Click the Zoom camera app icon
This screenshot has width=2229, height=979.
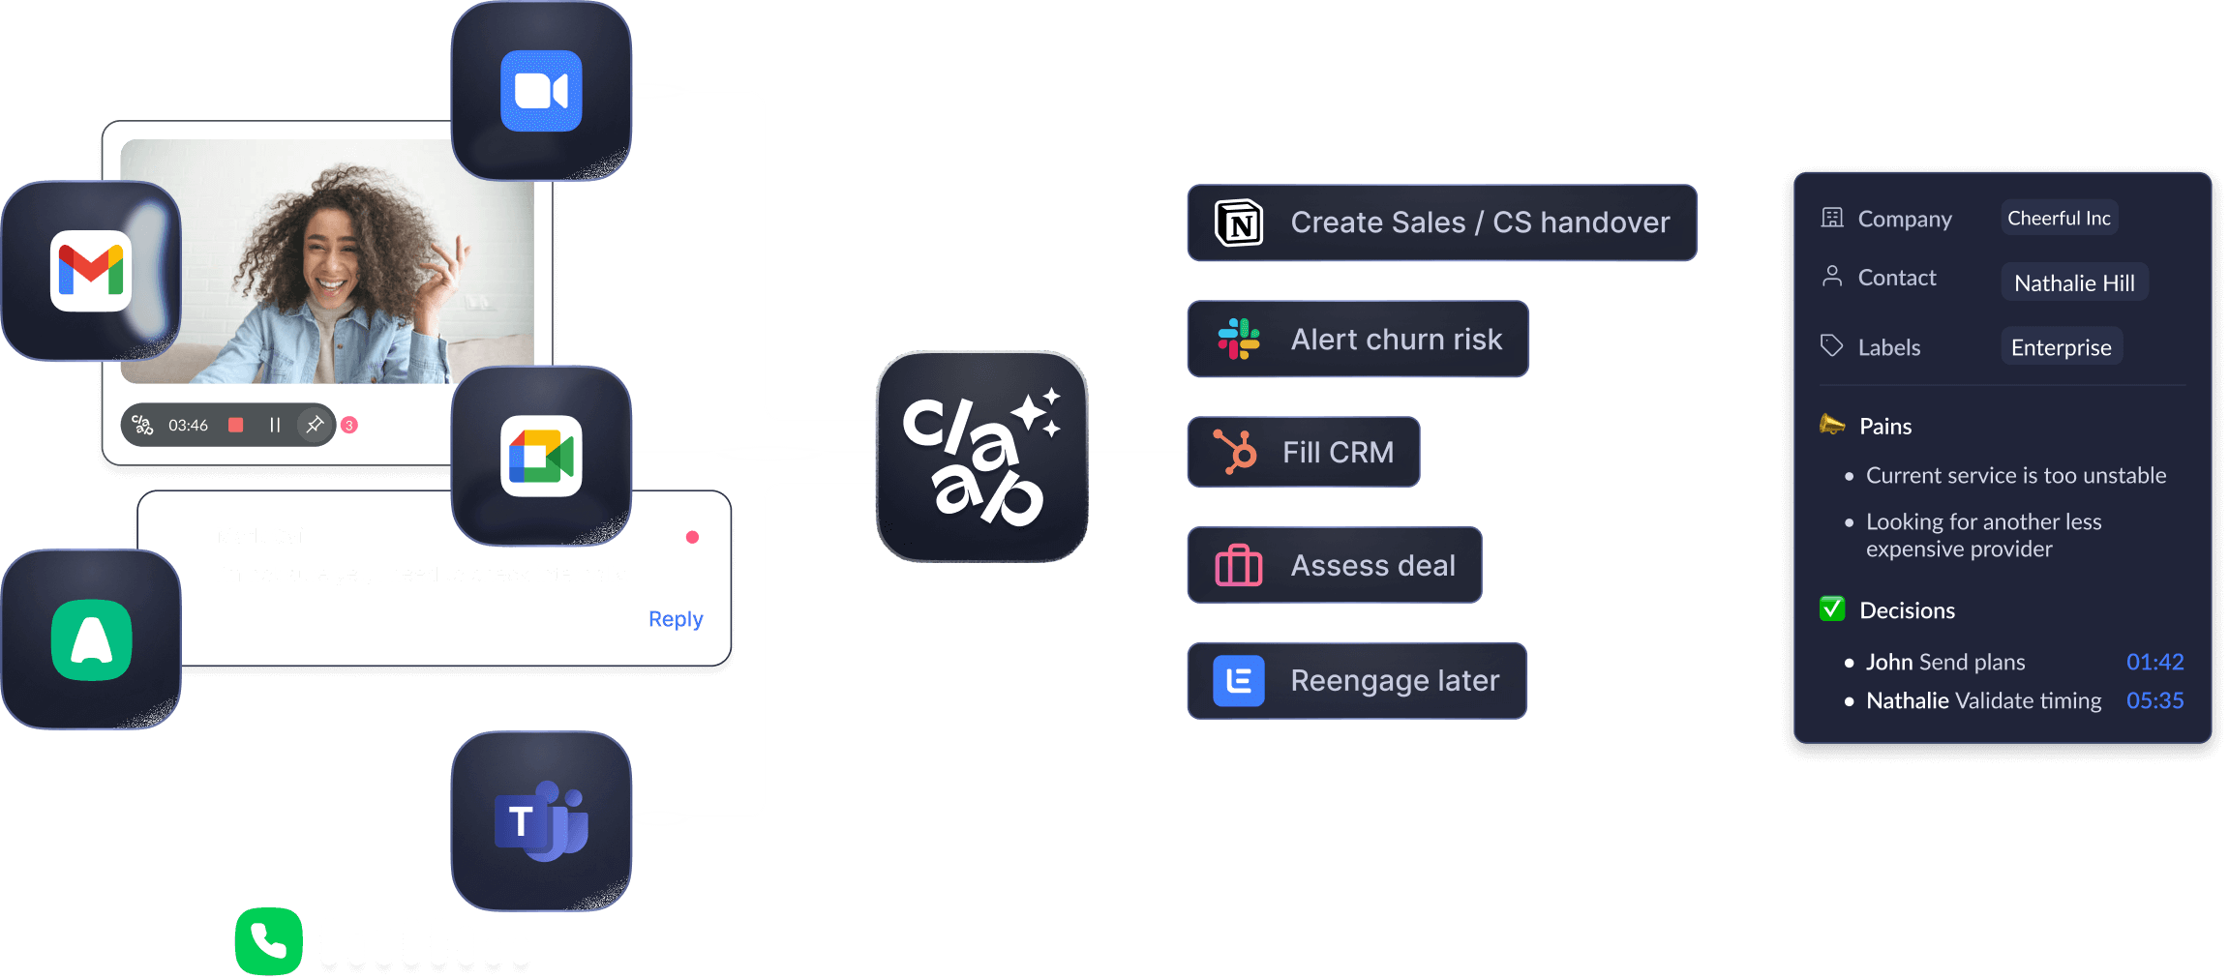[541, 91]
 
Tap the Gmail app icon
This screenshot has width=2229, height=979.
[91, 271]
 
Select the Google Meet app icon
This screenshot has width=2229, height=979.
[541, 456]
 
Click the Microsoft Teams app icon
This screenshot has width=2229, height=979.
[541, 821]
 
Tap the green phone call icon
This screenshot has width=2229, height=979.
[268, 940]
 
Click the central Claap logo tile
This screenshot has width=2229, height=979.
[981, 456]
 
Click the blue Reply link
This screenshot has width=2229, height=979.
[675, 619]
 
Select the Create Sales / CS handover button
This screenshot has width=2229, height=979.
[1441, 222]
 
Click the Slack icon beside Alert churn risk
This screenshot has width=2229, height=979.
[1239, 340]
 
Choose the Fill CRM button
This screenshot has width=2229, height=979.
[1303, 452]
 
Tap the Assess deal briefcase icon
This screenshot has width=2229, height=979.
[1239, 565]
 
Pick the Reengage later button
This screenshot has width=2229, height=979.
[1357, 680]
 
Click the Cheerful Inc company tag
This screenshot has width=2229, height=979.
[2059, 219]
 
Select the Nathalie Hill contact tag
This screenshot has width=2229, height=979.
[2074, 282]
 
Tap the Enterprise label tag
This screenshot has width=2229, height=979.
[2061, 347]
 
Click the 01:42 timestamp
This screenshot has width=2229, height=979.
[2154, 662]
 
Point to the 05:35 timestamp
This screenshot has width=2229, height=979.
[2154, 700]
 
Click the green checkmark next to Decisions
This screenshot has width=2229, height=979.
[1831, 609]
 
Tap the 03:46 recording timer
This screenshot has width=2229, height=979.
[188, 426]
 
